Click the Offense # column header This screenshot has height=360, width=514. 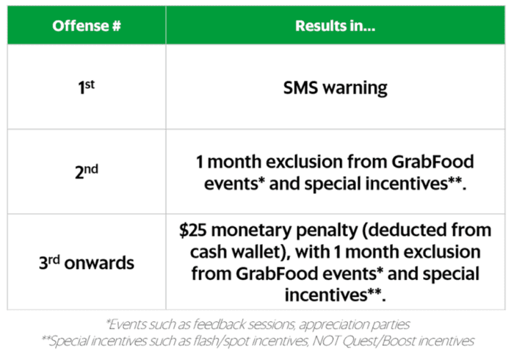pos(87,26)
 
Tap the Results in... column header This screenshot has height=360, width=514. pos(335,26)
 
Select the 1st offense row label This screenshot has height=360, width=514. pos(86,87)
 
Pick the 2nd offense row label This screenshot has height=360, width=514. pos(87,171)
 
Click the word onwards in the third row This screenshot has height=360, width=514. pos(99,263)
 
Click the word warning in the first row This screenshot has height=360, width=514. pos(355,88)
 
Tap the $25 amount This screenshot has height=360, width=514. pos(192,230)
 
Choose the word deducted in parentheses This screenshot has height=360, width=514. pos(405,230)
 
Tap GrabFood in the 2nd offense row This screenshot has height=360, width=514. pos(432,162)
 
